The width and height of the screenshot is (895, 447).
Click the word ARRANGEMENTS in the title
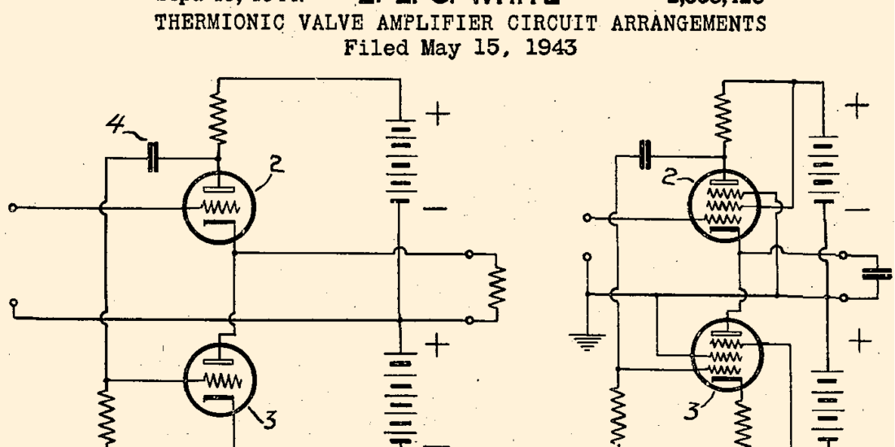click(x=701, y=24)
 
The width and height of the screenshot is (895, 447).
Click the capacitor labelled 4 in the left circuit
click(x=152, y=158)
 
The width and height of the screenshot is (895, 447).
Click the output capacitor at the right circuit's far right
click(x=876, y=273)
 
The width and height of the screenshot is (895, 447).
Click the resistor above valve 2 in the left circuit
click(x=218, y=116)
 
